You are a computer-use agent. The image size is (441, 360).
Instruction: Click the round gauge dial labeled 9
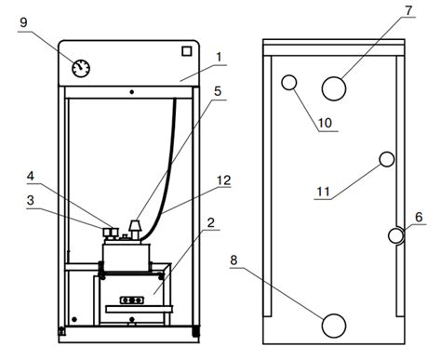coord(81,69)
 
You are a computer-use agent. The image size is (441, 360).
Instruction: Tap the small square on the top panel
coord(186,51)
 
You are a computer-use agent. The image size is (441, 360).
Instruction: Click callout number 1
coord(219,58)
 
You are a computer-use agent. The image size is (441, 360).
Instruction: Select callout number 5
coord(218,91)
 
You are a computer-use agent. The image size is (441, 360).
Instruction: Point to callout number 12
coord(224,180)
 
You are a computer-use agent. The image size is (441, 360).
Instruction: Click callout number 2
coord(211,222)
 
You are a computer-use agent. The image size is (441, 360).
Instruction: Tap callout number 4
coord(31,176)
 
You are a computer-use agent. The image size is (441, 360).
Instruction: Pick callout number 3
coord(31,200)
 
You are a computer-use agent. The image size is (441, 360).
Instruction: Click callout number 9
coord(23,22)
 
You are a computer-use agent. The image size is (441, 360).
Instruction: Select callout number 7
coord(408,10)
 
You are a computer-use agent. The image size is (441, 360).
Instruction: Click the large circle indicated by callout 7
coord(334,88)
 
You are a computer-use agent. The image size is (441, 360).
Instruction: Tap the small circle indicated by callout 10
coord(289,83)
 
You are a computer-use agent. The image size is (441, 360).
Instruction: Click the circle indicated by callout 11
coord(387,159)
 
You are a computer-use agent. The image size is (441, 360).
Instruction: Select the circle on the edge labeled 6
coord(396,235)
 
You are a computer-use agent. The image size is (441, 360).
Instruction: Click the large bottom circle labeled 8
coord(334,326)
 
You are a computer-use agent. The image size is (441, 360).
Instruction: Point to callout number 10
coord(325,123)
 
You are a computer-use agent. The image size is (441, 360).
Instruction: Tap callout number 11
coord(323,192)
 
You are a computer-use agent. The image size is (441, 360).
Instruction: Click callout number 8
coord(234,260)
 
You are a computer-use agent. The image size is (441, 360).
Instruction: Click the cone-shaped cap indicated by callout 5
coord(135,225)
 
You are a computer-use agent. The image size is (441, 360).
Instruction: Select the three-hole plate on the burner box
coord(132,300)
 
